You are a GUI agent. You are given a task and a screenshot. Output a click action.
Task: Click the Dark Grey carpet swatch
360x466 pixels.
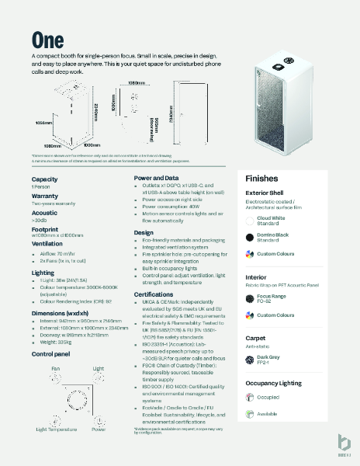click(250, 360)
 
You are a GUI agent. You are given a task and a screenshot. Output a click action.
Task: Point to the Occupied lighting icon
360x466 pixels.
click(250, 398)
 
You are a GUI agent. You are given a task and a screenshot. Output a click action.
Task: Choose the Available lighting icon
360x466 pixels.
click(250, 414)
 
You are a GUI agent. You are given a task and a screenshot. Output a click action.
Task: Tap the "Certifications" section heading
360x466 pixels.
click(153, 295)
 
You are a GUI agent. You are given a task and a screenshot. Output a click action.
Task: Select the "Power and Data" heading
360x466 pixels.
click(157, 178)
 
